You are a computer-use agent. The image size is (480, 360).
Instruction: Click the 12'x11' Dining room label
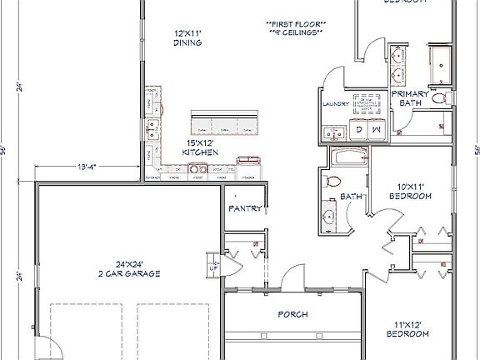[189, 38]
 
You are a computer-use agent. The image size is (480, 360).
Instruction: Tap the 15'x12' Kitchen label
[202, 147]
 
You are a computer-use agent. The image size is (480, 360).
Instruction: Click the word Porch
[292, 314]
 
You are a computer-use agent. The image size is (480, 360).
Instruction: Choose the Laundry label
[333, 105]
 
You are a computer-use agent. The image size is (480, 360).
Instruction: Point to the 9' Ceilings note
[296, 32]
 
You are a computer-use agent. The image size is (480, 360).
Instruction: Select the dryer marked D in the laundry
[359, 130]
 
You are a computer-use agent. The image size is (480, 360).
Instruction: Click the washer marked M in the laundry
[377, 130]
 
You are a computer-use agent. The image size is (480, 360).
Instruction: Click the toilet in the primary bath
[440, 98]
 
